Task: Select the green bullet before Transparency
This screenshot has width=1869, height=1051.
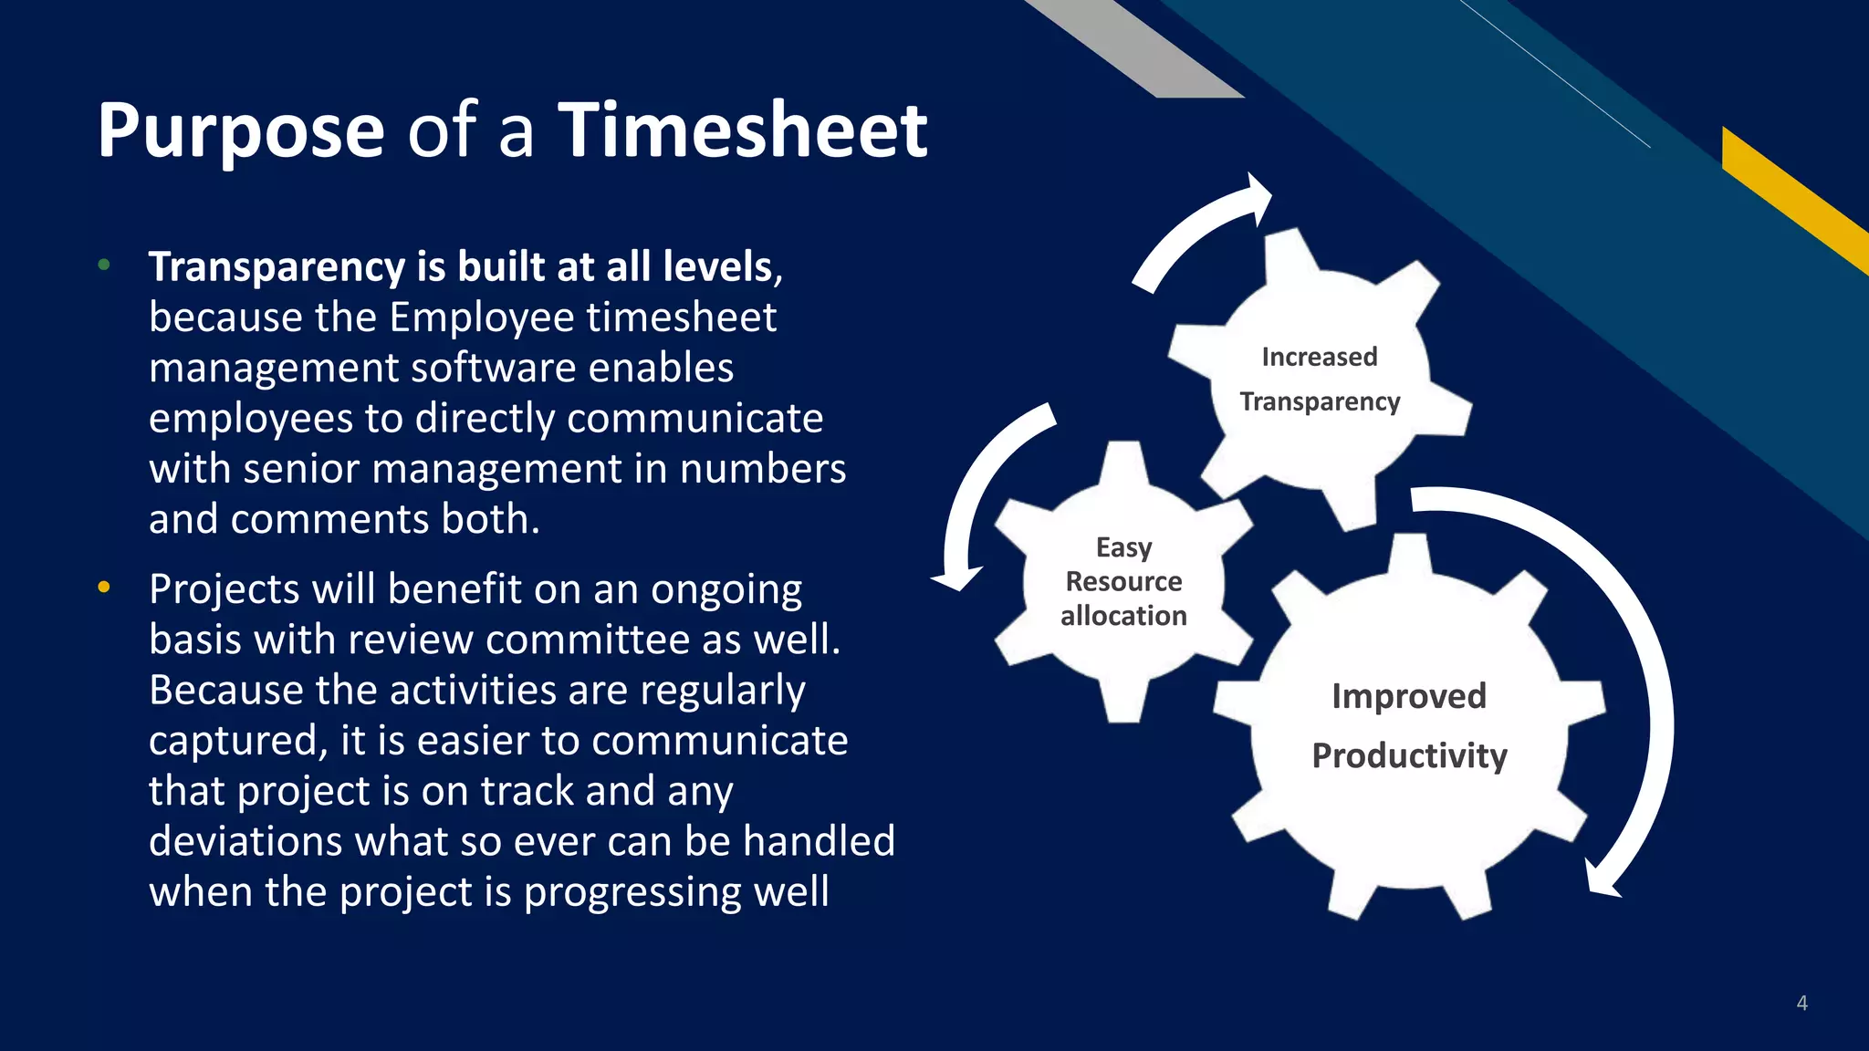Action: [104, 265]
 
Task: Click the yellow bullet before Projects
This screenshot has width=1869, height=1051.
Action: [104, 587]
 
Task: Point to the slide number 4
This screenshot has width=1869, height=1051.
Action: [1801, 1003]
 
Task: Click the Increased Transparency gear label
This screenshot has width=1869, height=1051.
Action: [1320, 380]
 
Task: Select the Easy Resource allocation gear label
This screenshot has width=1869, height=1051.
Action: [1123, 582]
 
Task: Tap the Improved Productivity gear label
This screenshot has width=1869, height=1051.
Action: [1409, 726]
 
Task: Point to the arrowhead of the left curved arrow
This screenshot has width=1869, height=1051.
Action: [957, 578]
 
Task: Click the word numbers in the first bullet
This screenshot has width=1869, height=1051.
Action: [763, 469]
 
